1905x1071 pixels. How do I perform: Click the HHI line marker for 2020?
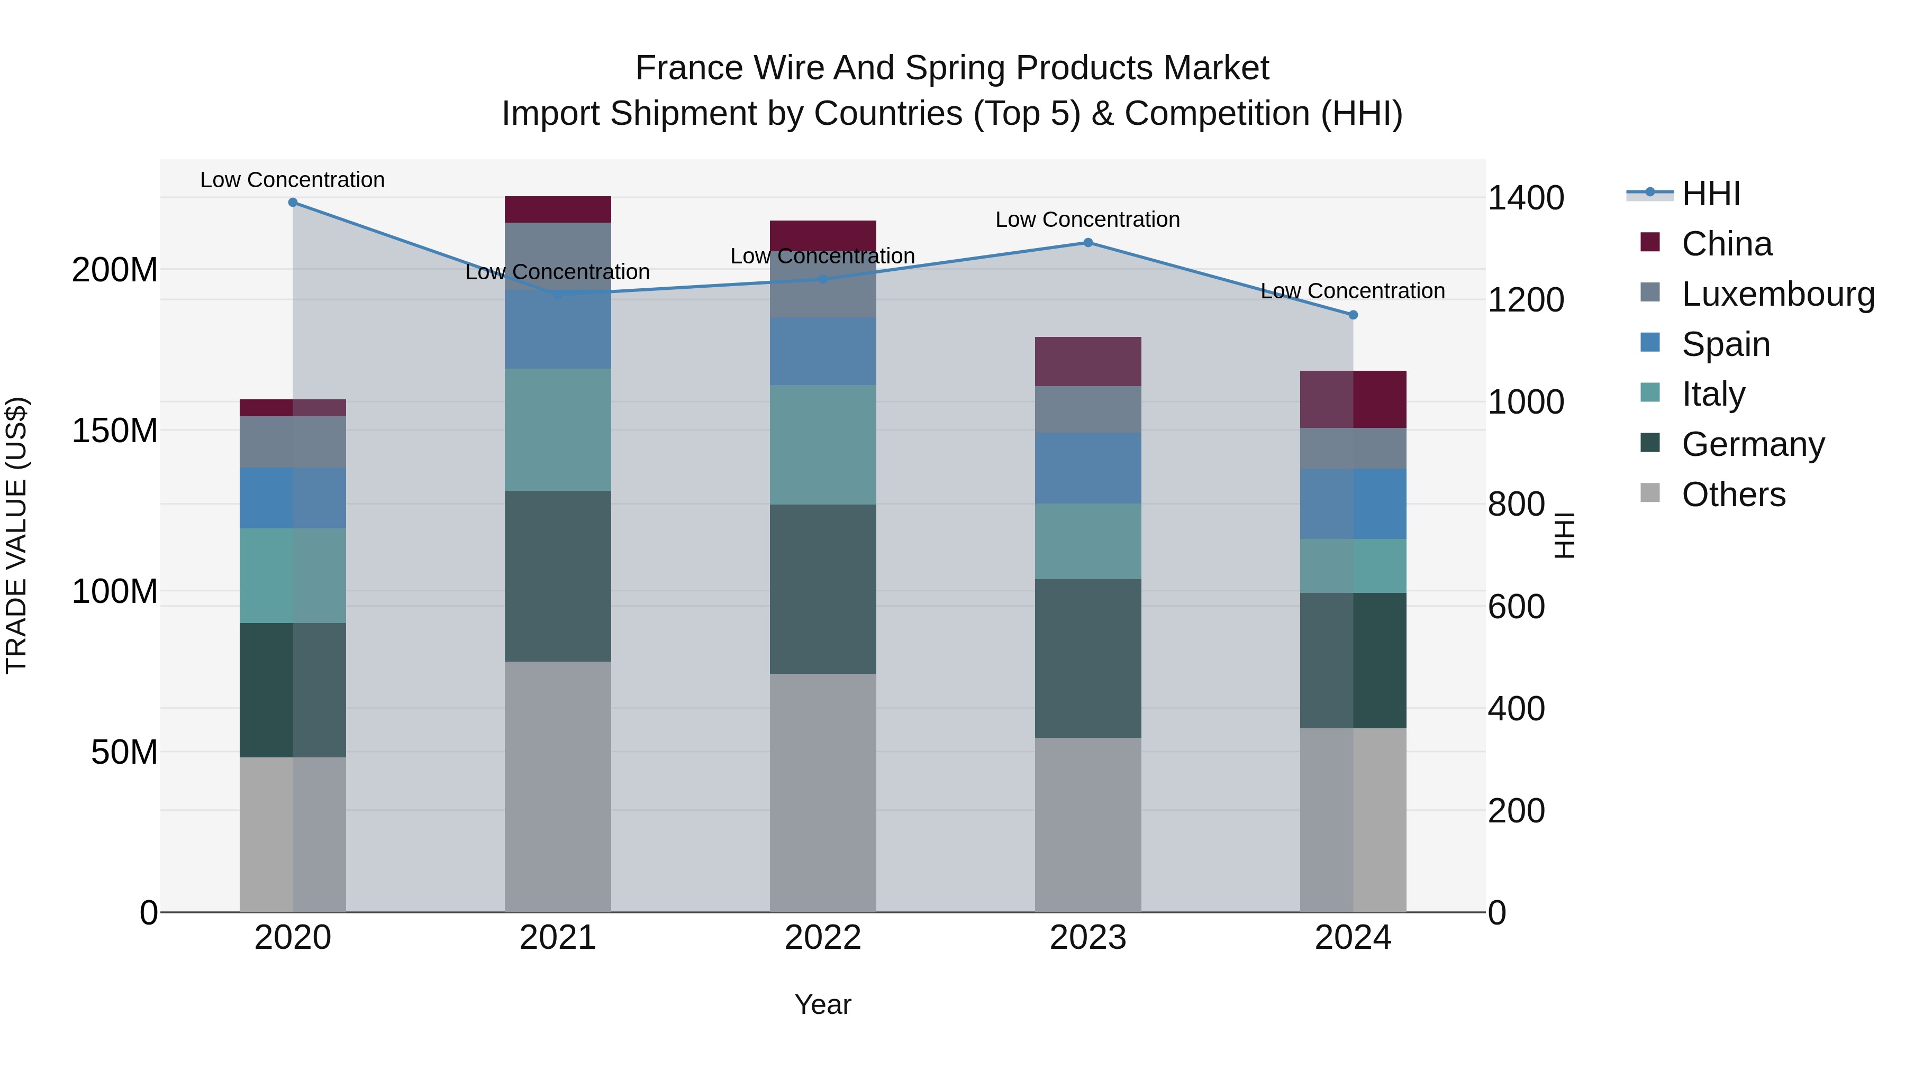(x=293, y=203)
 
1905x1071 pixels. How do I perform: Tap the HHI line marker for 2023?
(x=1088, y=242)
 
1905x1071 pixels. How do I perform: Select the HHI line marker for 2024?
(x=1353, y=315)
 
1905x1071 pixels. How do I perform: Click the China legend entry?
(x=1727, y=244)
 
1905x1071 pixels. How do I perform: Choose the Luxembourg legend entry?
(x=1778, y=294)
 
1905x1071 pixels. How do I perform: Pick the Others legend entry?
(x=1734, y=495)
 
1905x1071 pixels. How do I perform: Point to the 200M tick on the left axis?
(x=115, y=270)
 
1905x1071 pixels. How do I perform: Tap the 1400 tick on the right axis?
(x=1526, y=198)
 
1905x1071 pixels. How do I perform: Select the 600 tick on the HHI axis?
(x=1516, y=607)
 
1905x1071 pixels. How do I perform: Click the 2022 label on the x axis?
(x=823, y=938)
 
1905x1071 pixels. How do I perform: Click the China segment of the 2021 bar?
(x=558, y=209)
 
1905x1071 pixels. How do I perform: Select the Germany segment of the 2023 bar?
(x=1088, y=658)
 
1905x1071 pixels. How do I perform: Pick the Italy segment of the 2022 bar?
(x=823, y=444)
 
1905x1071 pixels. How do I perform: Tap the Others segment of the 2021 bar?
(x=558, y=786)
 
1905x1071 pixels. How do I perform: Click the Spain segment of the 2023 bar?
(x=1088, y=468)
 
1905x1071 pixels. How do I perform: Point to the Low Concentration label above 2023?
(x=1088, y=219)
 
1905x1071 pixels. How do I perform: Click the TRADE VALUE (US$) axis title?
(x=16, y=535)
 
